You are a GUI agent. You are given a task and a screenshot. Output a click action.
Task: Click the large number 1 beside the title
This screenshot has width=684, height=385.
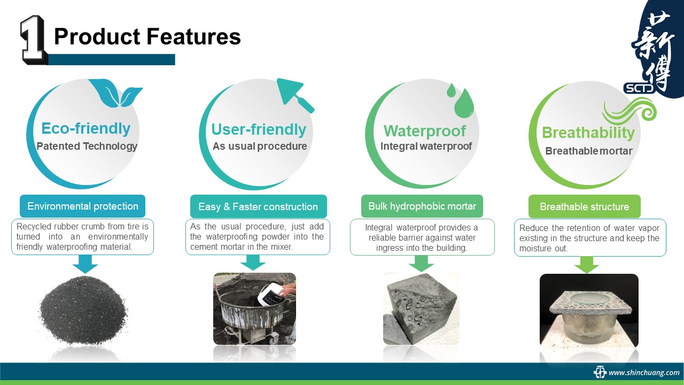pyautogui.click(x=34, y=40)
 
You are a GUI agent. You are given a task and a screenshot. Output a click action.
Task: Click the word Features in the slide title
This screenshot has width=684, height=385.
pyautogui.click(x=194, y=36)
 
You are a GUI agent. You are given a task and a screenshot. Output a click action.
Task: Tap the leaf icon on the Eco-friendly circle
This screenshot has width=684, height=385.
pyautogui.click(x=115, y=93)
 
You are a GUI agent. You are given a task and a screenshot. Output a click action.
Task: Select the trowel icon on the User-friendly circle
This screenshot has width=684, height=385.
pyautogui.click(x=294, y=94)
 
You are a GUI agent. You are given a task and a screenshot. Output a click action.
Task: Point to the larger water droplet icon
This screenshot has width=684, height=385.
pyautogui.click(x=464, y=103)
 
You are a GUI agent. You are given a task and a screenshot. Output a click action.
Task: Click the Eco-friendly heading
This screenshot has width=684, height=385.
pyautogui.click(x=86, y=128)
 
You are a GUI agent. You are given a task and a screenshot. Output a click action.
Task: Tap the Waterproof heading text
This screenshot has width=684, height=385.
pyautogui.click(x=425, y=131)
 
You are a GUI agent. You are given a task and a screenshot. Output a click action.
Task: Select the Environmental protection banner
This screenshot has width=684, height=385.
pyautogui.click(x=82, y=206)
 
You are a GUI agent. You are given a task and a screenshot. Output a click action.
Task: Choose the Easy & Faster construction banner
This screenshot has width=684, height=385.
pyautogui.click(x=258, y=206)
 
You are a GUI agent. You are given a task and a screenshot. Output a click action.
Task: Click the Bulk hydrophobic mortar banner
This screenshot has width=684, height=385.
pyautogui.click(x=422, y=206)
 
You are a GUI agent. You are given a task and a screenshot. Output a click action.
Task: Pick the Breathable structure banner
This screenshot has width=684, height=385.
pyautogui.click(x=585, y=206)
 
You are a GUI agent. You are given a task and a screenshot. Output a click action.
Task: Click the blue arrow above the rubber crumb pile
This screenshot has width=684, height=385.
pyautogui.click(x=85, y=264)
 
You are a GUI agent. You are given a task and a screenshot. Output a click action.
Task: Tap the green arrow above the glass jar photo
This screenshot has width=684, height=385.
pyautogui.click(x=587, y=265)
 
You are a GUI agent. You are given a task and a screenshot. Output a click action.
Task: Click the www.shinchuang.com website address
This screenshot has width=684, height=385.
pyautogui.click(x=644, y=373)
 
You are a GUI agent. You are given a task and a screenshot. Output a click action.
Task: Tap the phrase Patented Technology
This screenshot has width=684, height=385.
pyautogui.click(x=87, y=147)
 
